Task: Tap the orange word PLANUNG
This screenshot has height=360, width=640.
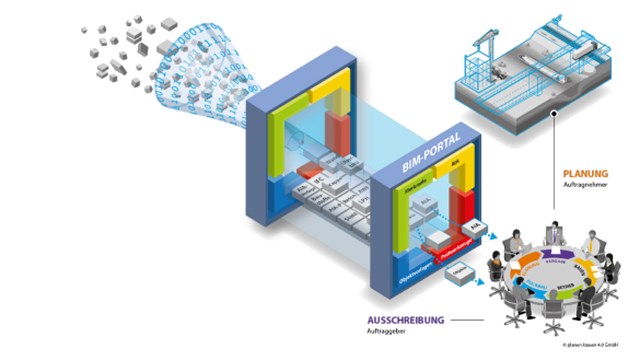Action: click(x=585, y=173)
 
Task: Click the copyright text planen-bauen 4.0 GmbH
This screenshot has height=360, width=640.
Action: click(x=595, y=346)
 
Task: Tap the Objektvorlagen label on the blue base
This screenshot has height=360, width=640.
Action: click(x=415, y=276)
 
